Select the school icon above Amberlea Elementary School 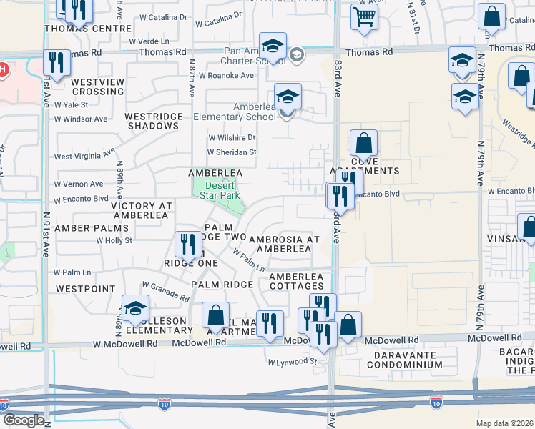coord(288,96)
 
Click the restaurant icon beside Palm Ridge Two coord(187,245)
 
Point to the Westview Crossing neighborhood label coord(98,87)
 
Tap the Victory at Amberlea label coord(142,210)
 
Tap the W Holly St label coord(114,240)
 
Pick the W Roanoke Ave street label coord(227,75)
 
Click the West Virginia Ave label coord(84,155)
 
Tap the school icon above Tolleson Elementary coord(134,308)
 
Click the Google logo coord(23,420)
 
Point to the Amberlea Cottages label coord(296,281)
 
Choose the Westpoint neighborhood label coord(85,289)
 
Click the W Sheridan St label coord(232,152)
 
